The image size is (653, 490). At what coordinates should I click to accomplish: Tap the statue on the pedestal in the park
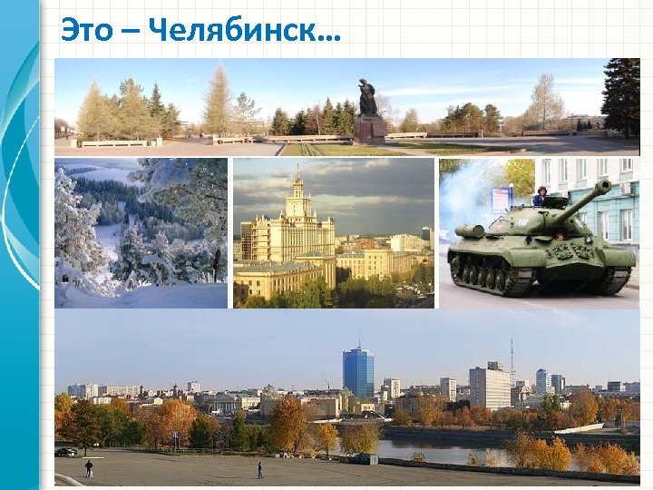[367, 98]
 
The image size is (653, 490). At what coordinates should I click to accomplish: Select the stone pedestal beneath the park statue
[368, 128]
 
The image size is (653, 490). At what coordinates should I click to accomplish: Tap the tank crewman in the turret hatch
[541, 197]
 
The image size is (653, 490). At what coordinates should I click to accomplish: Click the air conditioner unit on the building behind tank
[627, 189]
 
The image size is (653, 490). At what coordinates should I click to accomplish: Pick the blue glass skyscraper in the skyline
[358, 372]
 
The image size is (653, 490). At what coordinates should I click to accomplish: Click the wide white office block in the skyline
[490, 387]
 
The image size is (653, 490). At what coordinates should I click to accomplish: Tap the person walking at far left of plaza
[89, 468]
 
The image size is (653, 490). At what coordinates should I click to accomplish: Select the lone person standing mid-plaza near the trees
[259, 470]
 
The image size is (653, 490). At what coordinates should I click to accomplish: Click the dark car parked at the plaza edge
[65, 451]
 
